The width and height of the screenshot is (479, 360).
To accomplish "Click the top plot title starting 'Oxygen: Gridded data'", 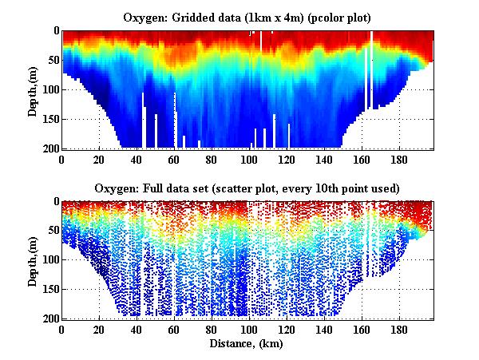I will point(246,16).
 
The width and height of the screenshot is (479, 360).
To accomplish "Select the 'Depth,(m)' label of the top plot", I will point(33,89).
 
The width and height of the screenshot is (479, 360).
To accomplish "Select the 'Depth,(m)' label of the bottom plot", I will point(33,260).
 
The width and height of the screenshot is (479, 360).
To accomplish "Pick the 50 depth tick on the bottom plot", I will point(49,231).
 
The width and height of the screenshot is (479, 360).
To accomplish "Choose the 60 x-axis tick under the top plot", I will point(173,159).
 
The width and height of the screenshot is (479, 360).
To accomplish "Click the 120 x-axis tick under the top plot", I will point(286,159).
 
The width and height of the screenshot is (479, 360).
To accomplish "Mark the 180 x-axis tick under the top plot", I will point(398,159).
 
